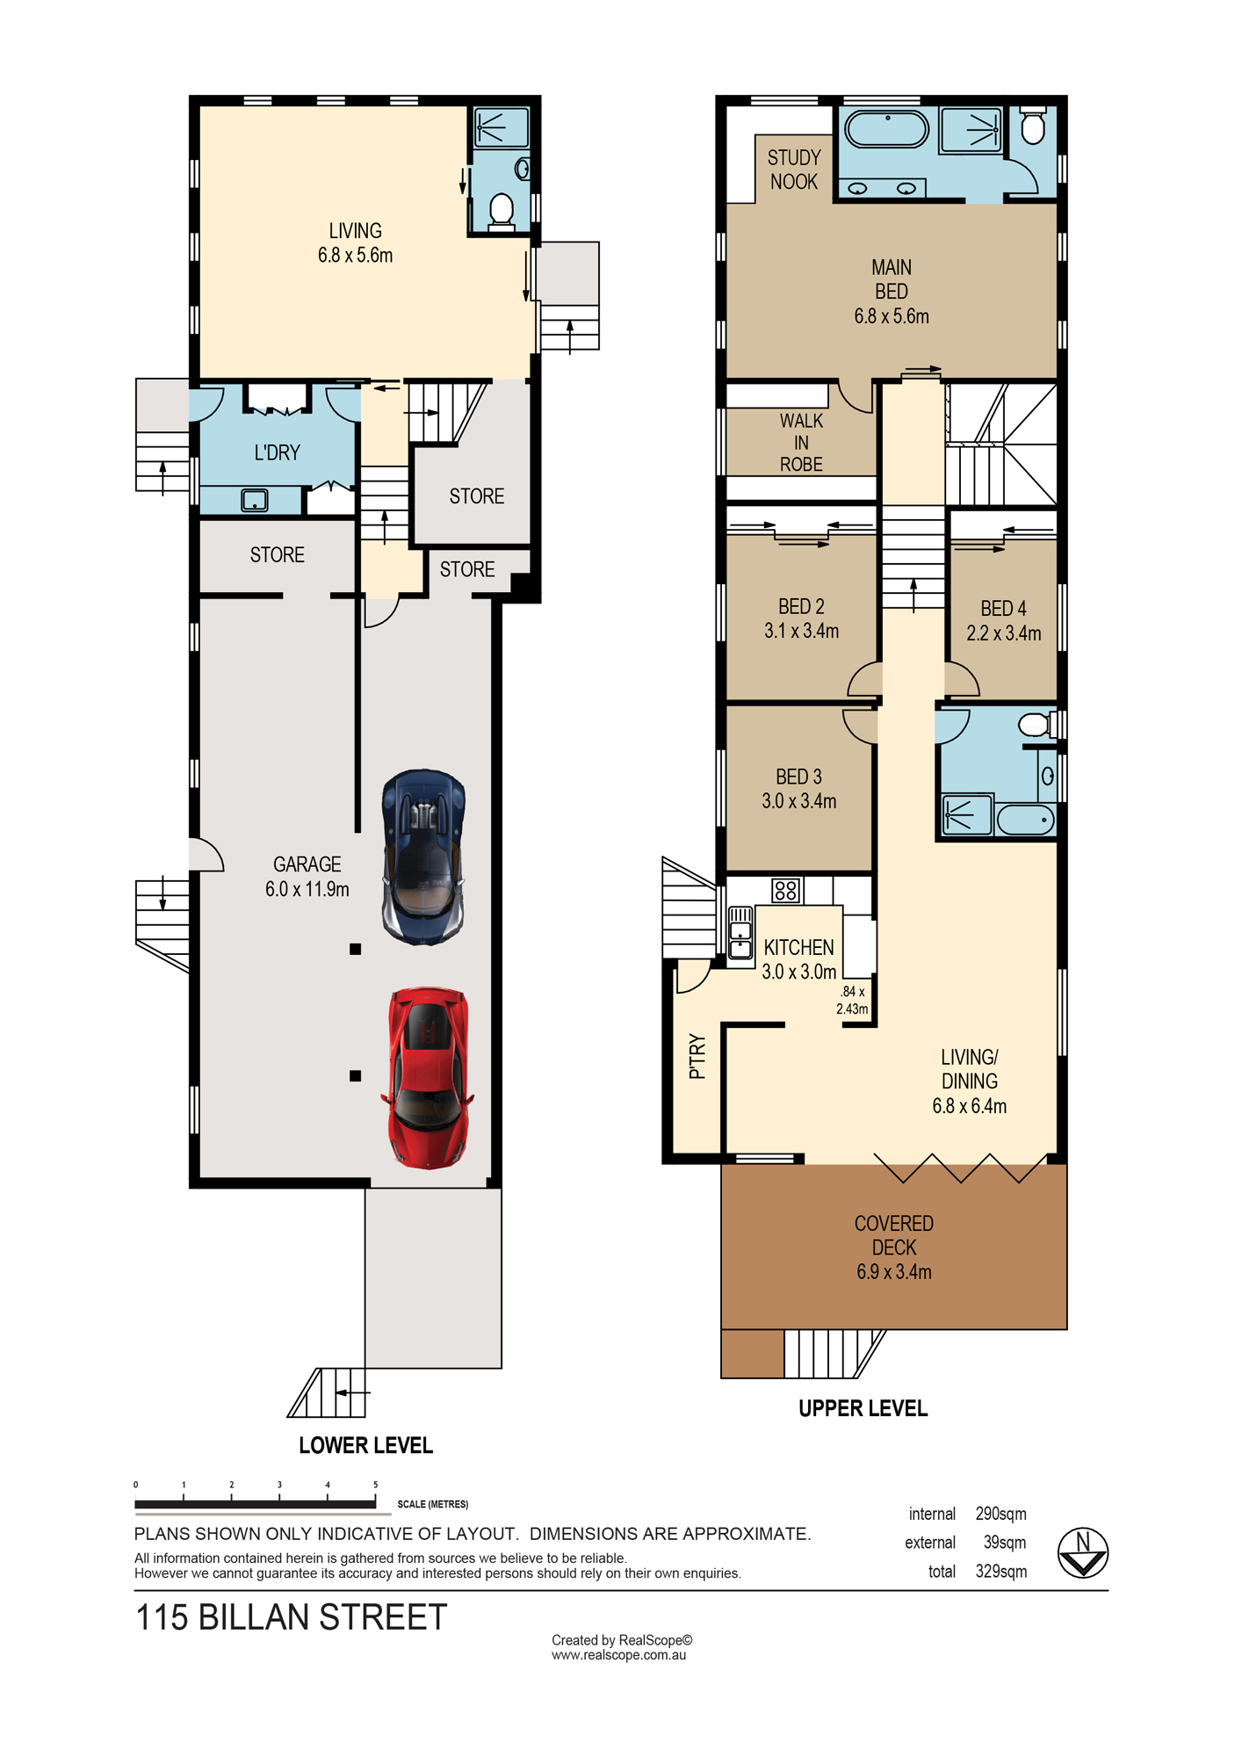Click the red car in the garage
click(428, 1078)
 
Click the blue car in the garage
click(423, 857)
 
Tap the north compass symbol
click(1082, 1553)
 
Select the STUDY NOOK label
click(794, 170)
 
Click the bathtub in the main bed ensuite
click(886, 129)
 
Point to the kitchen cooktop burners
click(785, 891)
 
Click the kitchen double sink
click(740, 931)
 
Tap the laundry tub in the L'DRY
click(254, 501)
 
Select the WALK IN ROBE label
click(801, 443)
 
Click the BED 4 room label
click(1003, 621)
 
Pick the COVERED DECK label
click(894, 1247)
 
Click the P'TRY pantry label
click(697, 1056)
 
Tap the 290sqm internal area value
click(1000, 1514)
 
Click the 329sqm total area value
click(1000, 1571)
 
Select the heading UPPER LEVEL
click(863, 1408)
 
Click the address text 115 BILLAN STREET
click(292, 1617)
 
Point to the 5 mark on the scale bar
click(375, 1486)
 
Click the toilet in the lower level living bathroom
click(501, 212)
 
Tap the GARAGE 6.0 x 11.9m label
click(307, 877)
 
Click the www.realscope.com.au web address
click(618, 1655)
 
